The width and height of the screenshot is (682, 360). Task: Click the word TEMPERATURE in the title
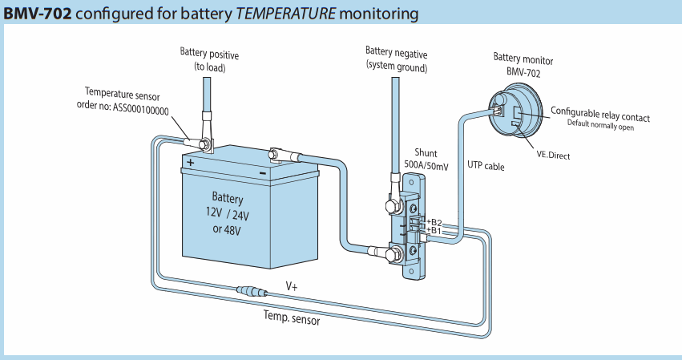pos(285,14)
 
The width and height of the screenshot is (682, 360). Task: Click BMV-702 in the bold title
pos(38,14)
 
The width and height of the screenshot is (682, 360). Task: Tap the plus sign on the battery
pos(191,163)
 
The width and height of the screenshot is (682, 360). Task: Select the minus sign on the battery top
pos(263,173)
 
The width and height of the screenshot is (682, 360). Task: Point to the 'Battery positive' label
pos(209,54)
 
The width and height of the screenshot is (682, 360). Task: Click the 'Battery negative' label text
pos(396,53)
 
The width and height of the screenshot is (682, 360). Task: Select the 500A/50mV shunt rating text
pos(426,165)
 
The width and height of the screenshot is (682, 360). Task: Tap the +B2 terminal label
pos(434,222)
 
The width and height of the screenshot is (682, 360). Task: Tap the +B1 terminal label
pos(434,230)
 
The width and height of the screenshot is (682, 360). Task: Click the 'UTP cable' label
pos(486,165)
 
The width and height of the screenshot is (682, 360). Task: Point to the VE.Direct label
pos(553,155)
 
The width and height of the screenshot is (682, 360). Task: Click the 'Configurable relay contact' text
pos(600,114)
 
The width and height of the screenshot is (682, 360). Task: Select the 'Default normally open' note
pos(600,125)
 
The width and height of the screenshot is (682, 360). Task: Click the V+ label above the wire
pos(292,286)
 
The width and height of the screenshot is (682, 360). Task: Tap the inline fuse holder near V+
pos(252,291)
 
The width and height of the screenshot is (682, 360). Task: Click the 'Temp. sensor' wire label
pos(292,318)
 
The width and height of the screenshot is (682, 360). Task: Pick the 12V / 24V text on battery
pos(227,214)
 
